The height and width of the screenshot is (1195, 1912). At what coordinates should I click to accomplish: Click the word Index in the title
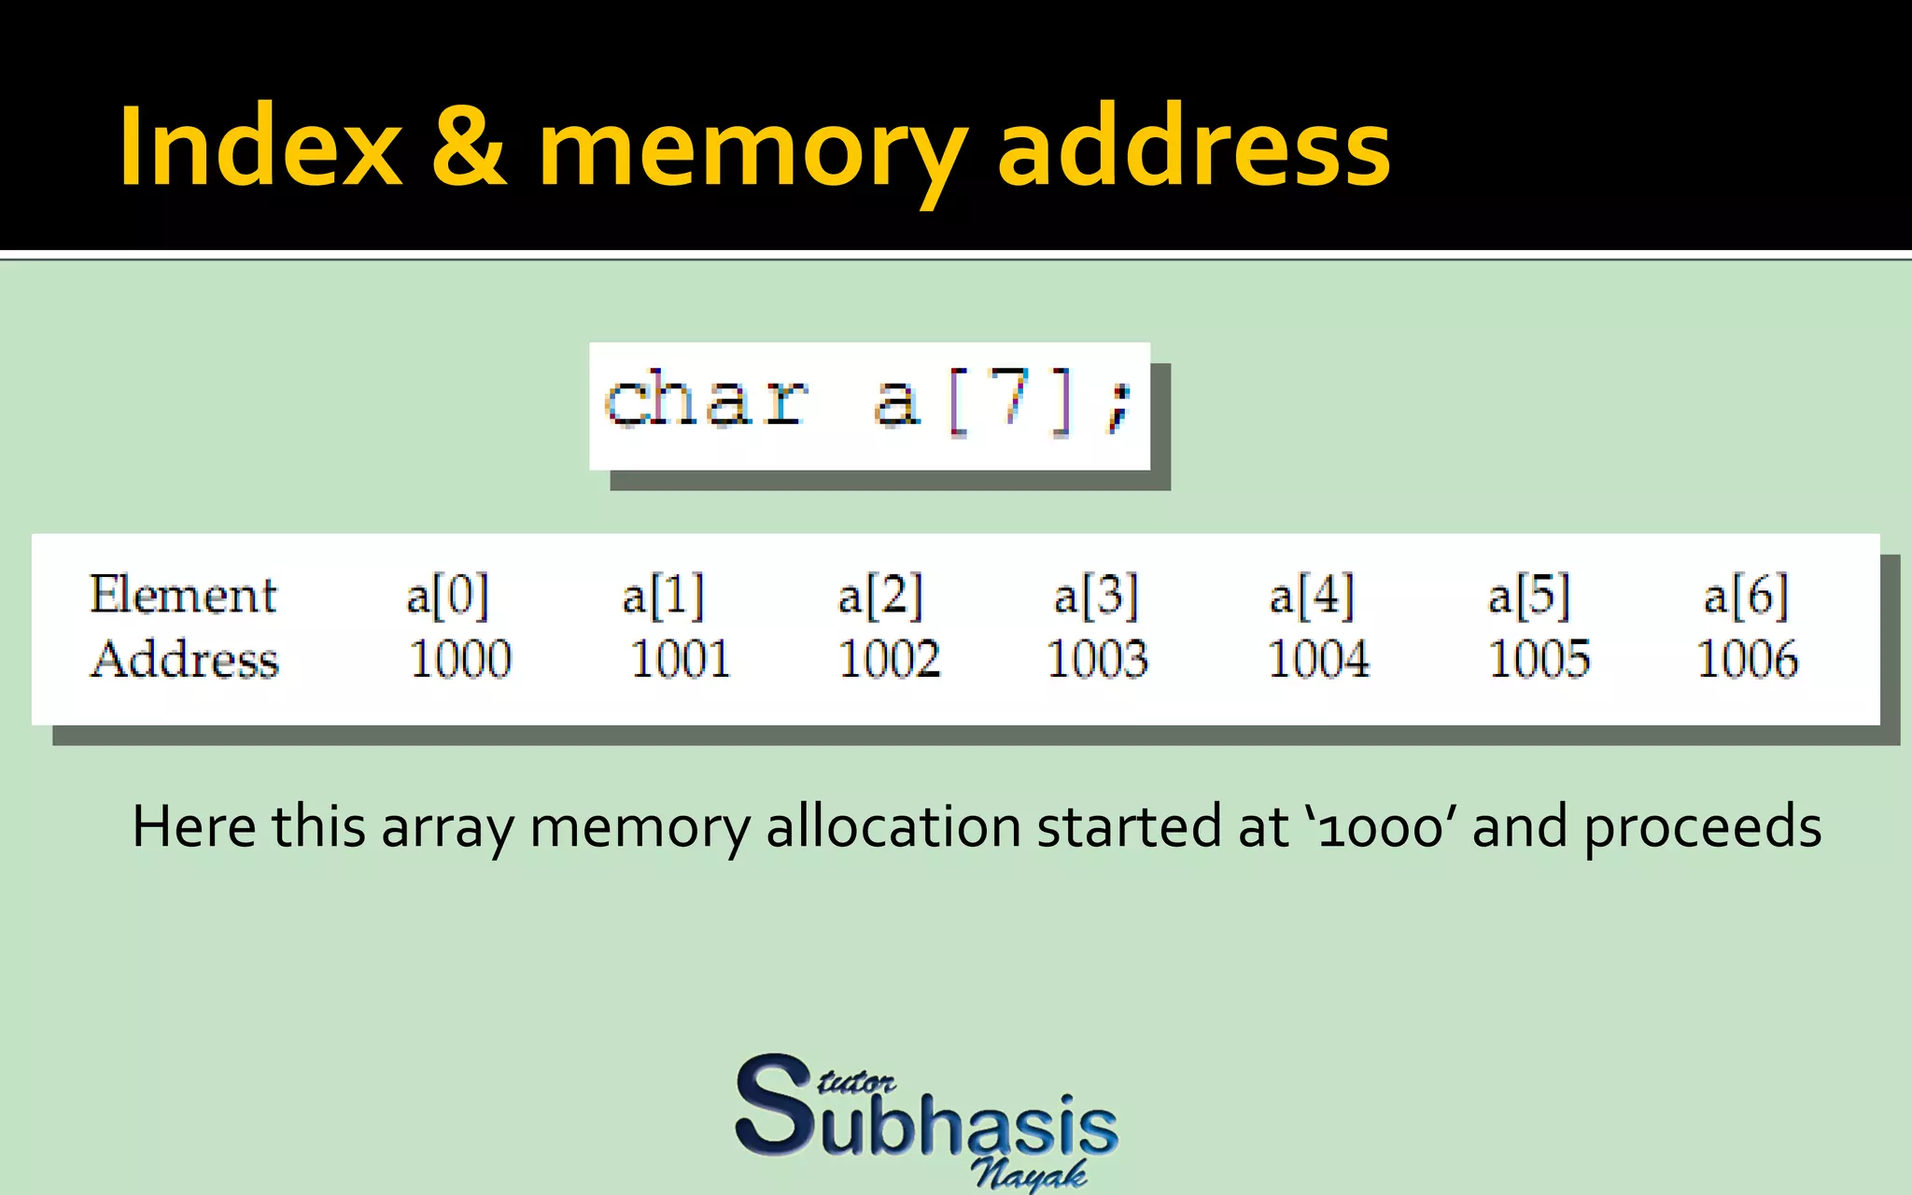[x=260, y=148]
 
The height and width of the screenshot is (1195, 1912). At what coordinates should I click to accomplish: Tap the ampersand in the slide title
[x=470, y=148]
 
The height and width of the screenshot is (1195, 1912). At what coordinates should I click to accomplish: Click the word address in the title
[x=1194, y=148]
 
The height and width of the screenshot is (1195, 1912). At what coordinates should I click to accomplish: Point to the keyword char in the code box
[x=707, y=400]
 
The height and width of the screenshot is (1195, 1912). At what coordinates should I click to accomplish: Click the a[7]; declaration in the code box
[x=1005, y=401]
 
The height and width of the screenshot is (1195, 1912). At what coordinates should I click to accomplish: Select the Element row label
[x=183, y=595]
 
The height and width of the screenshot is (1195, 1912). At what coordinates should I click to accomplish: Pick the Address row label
[x=185, y=658]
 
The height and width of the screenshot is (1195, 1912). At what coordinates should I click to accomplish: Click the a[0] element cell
[x=447, y=596]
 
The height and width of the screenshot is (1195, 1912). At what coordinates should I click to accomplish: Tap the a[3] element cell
[x=1096, y=596]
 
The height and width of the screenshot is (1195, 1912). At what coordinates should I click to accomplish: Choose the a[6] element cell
[x=1746, y=596]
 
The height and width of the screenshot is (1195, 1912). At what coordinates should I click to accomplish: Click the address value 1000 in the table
[x=460, y=658]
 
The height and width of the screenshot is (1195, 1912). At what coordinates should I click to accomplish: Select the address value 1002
[x=889, y=658]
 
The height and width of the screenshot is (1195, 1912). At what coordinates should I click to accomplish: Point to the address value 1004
[x=1318, y=658]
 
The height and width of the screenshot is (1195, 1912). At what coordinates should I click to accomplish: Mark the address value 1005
[x=1539, y=658]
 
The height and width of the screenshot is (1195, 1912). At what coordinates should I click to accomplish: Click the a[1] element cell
[x=663, y=596]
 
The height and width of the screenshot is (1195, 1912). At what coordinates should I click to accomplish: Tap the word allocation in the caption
[x=893, y=827]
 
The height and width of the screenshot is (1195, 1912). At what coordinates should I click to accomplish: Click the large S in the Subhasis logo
[x=773, y=1105]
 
